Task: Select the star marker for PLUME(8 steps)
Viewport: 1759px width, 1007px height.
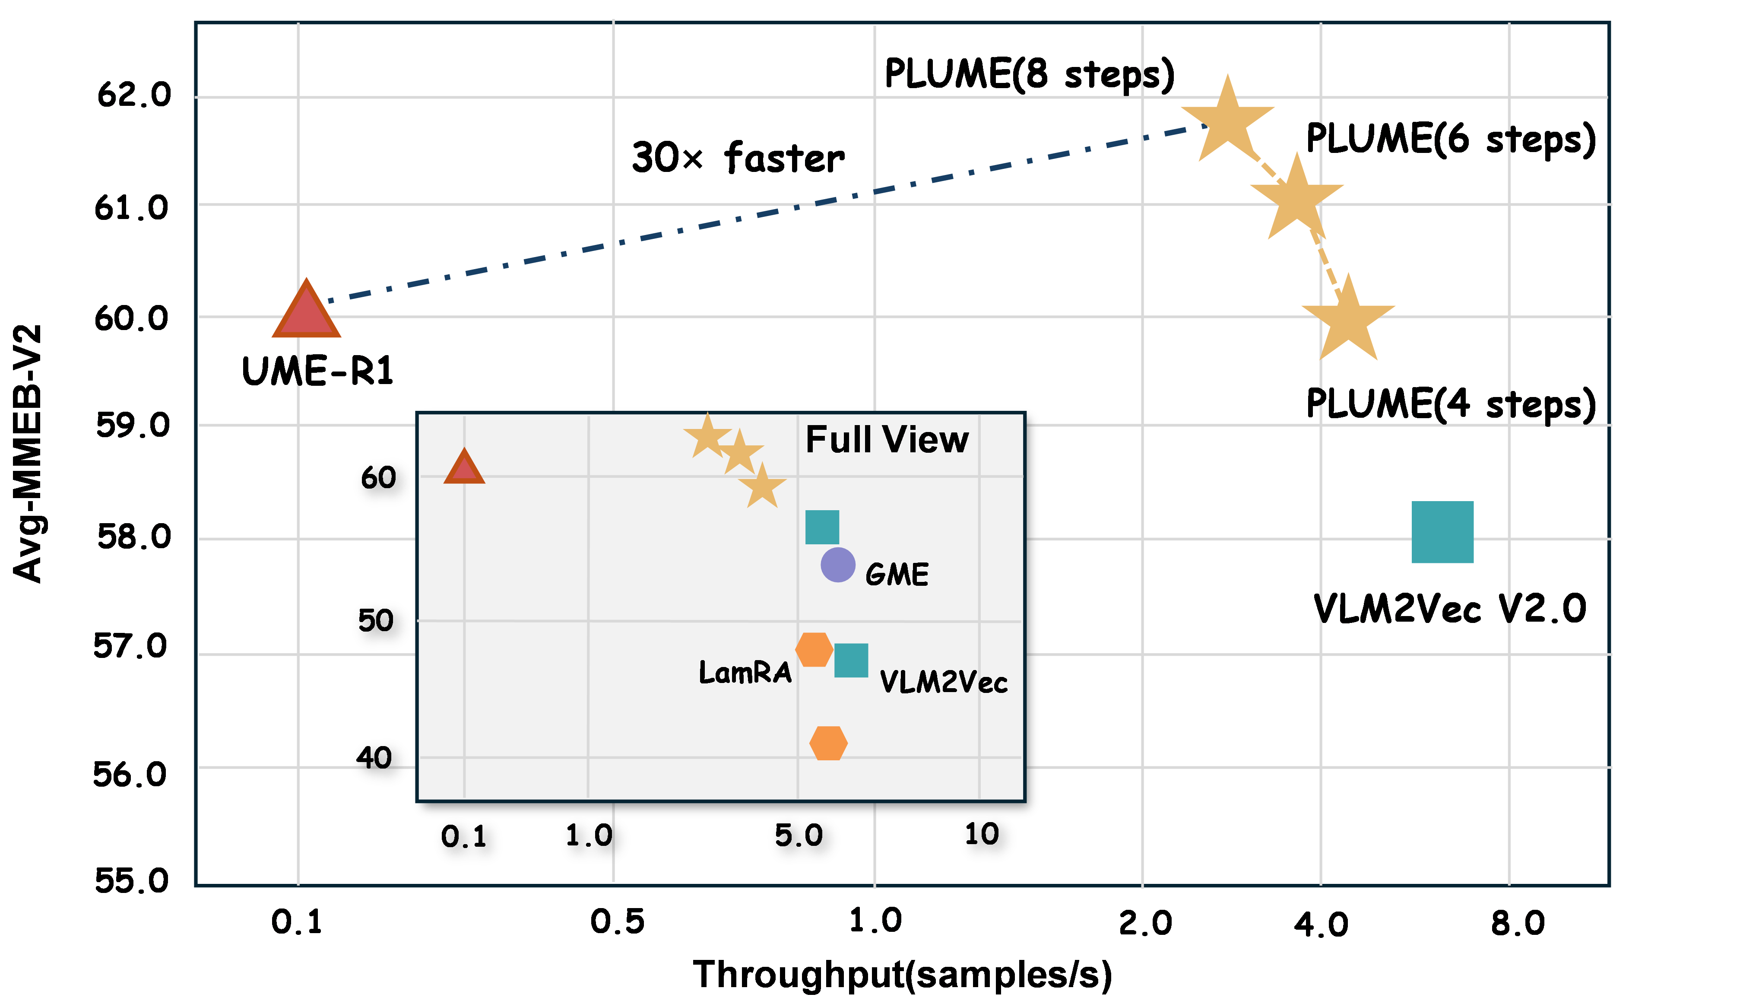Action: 1227,123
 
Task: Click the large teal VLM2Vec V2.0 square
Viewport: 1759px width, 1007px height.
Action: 1442,532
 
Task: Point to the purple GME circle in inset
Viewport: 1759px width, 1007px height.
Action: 838,565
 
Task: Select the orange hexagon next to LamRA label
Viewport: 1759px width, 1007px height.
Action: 814,649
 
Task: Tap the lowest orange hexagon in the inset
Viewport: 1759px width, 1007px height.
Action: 827,743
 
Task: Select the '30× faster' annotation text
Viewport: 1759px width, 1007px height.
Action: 738,158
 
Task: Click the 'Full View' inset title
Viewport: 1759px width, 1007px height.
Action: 887,440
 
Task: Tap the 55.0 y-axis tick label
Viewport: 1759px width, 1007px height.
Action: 131,880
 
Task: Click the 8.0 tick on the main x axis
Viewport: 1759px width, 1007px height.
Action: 1517,923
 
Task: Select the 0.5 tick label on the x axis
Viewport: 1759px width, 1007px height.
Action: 617,921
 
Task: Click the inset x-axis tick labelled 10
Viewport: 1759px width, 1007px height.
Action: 981,834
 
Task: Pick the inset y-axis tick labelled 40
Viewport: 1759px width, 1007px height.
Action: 374,758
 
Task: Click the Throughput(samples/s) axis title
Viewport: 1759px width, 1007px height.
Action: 902,975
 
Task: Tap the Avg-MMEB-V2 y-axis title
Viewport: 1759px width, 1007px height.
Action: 28,453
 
